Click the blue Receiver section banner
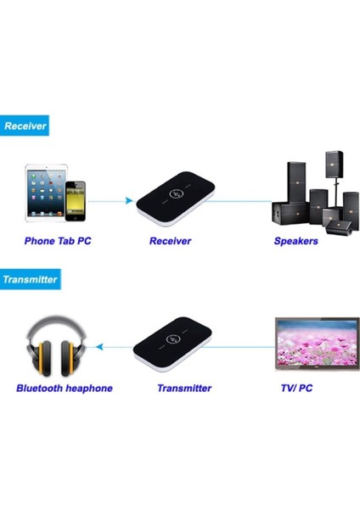coord(24,126)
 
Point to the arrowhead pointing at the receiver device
coord(129,201)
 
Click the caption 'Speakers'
coord(295,241)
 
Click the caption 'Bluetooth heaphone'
coord(64,389)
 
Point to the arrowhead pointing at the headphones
coord(99,347)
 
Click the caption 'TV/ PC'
coord(297,389)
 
